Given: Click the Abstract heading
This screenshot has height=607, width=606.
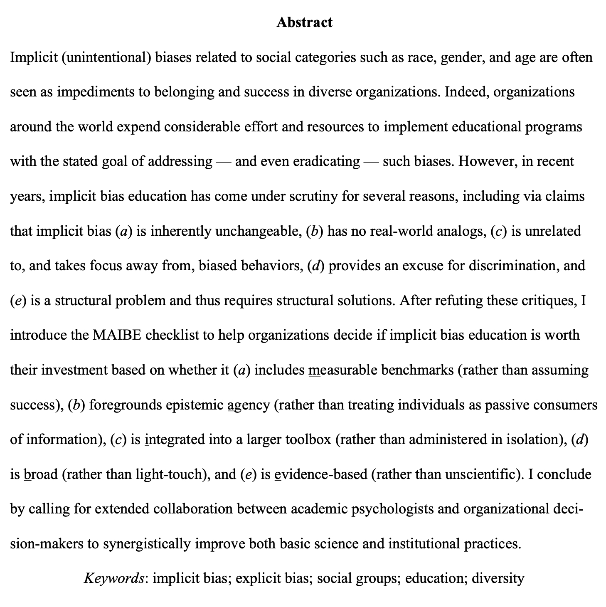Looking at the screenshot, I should tap(304, 22).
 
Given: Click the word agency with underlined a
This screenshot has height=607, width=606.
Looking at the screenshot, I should tap(249, 405).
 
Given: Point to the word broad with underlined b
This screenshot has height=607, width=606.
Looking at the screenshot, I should tap(41, 474).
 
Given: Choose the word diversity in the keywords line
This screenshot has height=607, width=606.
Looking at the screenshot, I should tap(498, 578).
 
